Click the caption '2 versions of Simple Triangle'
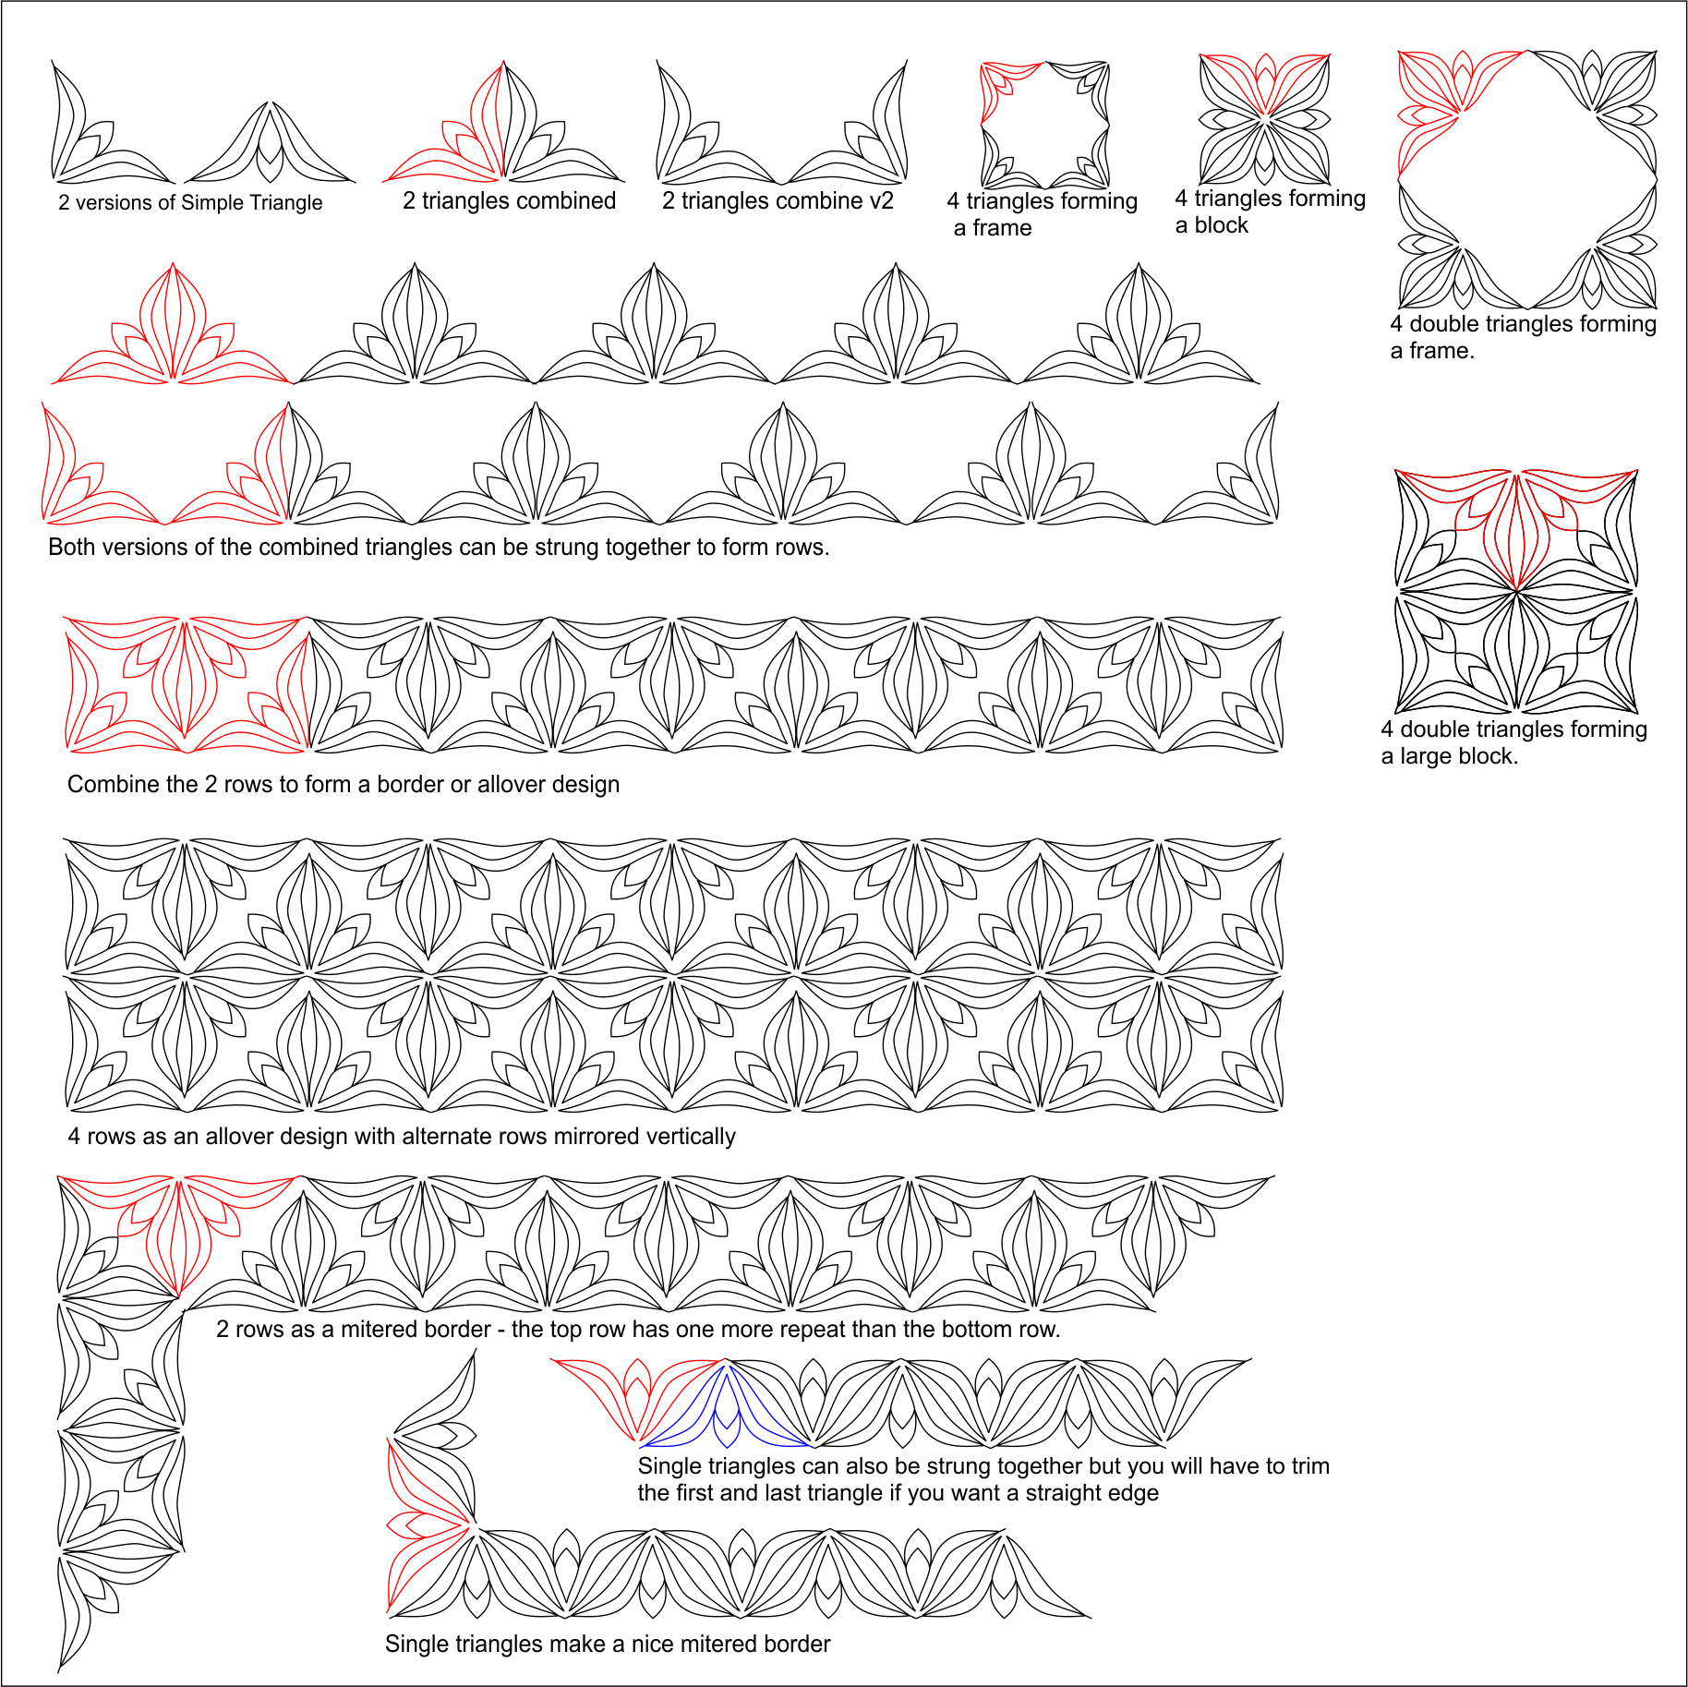[190, 203]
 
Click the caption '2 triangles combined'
[509, 201]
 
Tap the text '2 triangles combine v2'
[778, 201]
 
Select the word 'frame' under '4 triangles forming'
[1002, 228]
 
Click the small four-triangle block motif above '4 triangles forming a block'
[1264, 119]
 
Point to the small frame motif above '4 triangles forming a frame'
[1044, 125]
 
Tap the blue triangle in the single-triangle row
[727, 1408]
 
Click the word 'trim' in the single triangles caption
[1308, 1466]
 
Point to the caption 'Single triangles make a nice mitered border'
[608, 1645]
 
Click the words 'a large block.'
[1449, 757]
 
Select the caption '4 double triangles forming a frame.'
[1523, 337]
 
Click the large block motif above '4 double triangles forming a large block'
[1515, 591]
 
